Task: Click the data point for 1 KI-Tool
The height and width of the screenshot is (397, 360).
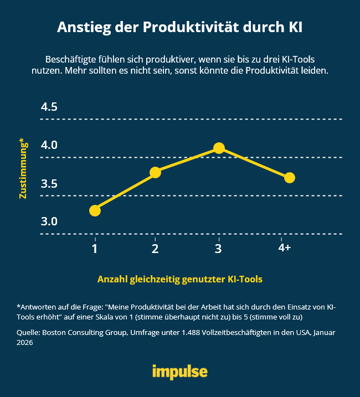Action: (95, 210)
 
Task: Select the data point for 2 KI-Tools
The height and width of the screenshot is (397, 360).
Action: (155, 172)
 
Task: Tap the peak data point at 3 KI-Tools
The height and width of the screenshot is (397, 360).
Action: (219, 148)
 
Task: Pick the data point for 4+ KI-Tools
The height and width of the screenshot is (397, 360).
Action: (289, 177)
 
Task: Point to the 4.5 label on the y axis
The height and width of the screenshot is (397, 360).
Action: (49, 107)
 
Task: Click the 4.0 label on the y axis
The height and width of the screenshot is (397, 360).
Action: (49, 145)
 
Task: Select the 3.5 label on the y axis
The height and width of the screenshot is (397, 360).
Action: (49, 184)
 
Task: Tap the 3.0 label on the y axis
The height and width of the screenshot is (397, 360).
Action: (49, 221)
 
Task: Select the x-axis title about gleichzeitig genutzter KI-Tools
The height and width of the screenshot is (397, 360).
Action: (180, 280)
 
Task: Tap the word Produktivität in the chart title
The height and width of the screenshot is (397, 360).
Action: (191, 28)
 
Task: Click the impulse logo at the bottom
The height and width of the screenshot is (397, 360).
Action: (180, 371)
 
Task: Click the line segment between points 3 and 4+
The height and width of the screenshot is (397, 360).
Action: (254, 162)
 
